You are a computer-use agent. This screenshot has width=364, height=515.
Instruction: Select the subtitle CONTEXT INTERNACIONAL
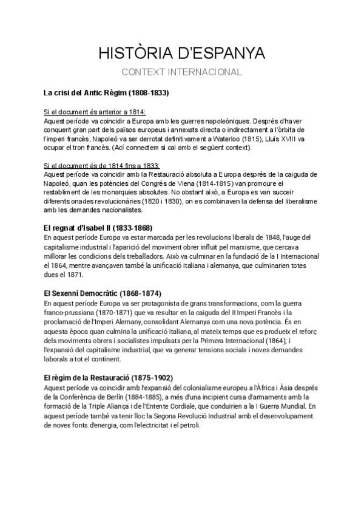(x=181, y=72)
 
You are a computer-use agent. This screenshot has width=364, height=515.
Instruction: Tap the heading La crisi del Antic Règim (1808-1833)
(x=106, y=94)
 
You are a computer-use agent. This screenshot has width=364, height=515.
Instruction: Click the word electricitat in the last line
(x=156, y=424)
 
